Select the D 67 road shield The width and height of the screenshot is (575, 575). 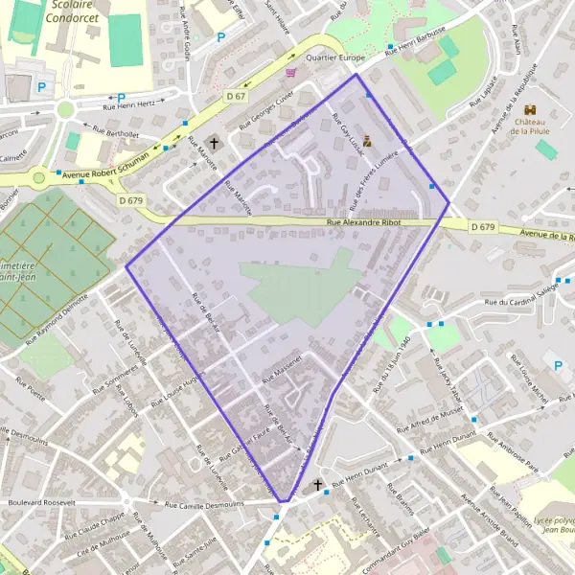tap(236, 97)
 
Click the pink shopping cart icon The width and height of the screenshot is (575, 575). tap(290, 71)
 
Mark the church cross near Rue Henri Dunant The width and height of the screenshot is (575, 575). tap(318, 485)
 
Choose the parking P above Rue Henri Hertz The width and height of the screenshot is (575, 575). tap(122, 97)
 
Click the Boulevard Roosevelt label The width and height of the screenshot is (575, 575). tap(40, 501)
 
